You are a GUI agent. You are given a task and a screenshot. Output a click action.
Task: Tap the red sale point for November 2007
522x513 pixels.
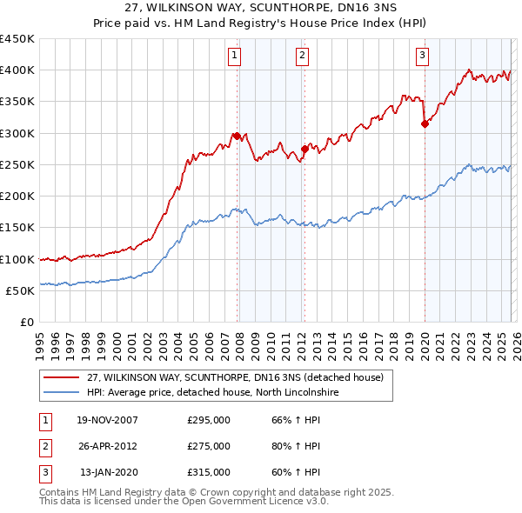coord(237,136)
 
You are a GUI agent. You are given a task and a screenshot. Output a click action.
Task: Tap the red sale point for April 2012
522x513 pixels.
coord(304,149)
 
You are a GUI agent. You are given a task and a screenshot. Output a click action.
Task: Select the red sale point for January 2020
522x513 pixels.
coord(425,123)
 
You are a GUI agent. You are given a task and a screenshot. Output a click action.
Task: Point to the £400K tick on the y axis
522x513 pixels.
coord(17,70)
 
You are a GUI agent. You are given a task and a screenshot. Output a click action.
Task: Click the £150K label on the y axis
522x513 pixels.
coord(17,228)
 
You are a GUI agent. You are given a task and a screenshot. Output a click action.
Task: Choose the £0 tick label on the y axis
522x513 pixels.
coord(27,322)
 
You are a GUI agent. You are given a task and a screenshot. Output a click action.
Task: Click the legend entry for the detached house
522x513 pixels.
coord(241,378)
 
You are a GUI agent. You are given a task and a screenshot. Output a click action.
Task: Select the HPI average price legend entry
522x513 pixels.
coord(212,393)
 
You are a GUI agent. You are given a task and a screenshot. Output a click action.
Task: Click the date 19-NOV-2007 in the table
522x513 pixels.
coord(107,421)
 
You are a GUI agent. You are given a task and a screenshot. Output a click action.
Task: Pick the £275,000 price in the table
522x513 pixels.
coord(209,446)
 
